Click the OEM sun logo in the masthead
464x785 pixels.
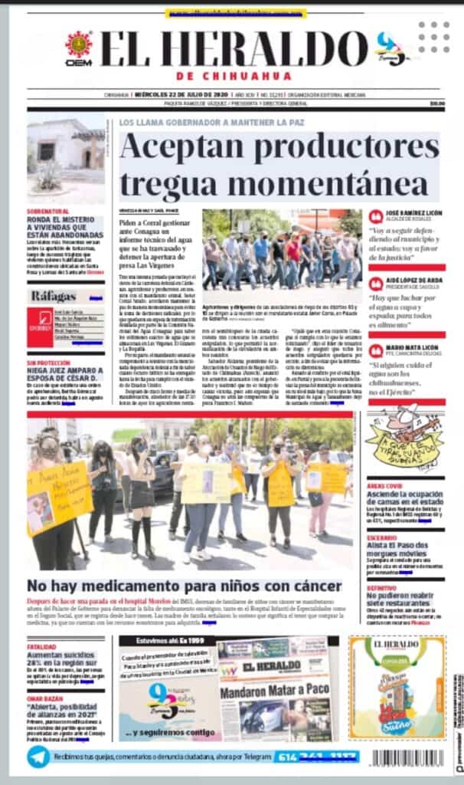(78, 44)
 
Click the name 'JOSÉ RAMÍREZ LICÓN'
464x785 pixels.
(414, 213)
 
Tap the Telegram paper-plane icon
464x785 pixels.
(38, 757)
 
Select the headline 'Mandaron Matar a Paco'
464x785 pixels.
(275, 690)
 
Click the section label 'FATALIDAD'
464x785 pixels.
(42, 646)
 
